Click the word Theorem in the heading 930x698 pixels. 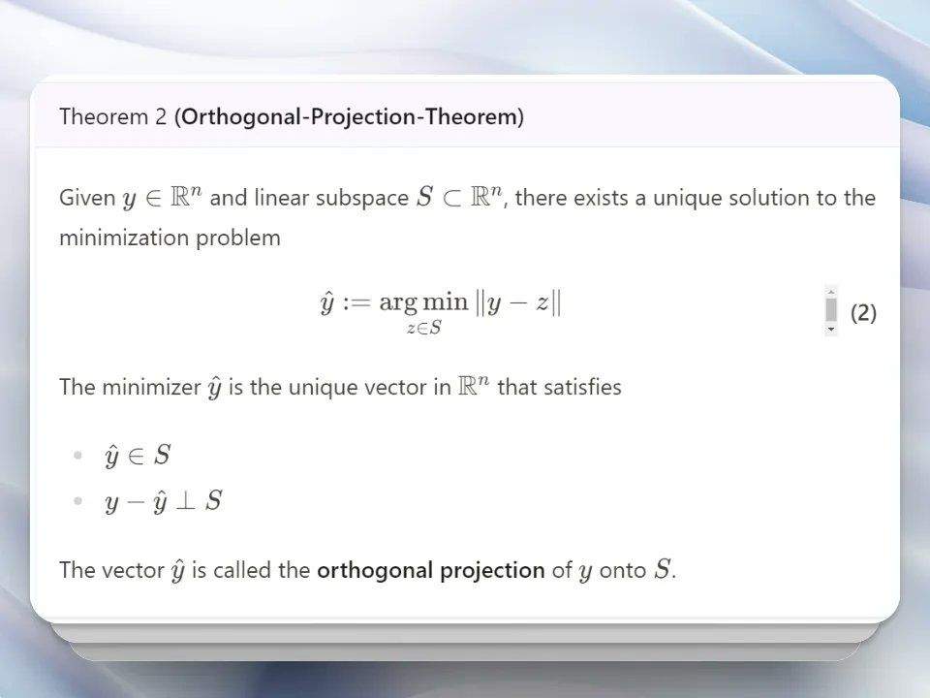coord(104,116)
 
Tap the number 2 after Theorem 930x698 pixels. coord(161,116)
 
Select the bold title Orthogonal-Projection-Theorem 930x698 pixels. coord(350,117)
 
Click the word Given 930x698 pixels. coord(87,198)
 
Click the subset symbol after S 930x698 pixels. coord(451,198)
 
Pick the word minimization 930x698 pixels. coord(123,238)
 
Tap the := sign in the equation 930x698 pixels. coord(356,302)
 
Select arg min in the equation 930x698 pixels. coord(423,302)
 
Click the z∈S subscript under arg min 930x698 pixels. coord(424,328)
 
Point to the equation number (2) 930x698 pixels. coord(863,313)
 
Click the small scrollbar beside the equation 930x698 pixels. coord(831,310)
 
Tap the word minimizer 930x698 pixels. coord(151,387)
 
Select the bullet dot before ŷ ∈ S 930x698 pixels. coord(77,456)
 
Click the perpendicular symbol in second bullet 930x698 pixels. coord(186,501)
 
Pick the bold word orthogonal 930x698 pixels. coord(375,570)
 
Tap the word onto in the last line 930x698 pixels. coord(623,570)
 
